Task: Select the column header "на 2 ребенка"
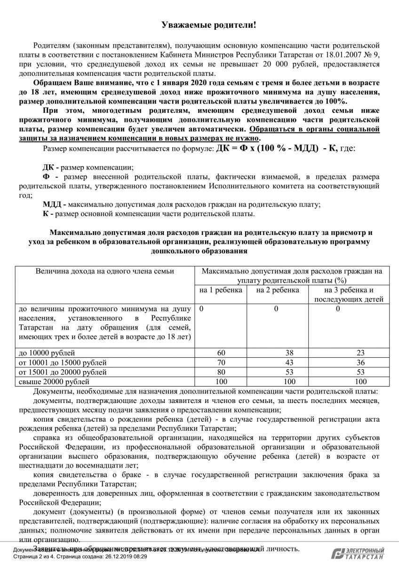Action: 278,290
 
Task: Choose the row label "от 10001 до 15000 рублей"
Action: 63,363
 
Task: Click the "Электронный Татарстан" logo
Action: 358,553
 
